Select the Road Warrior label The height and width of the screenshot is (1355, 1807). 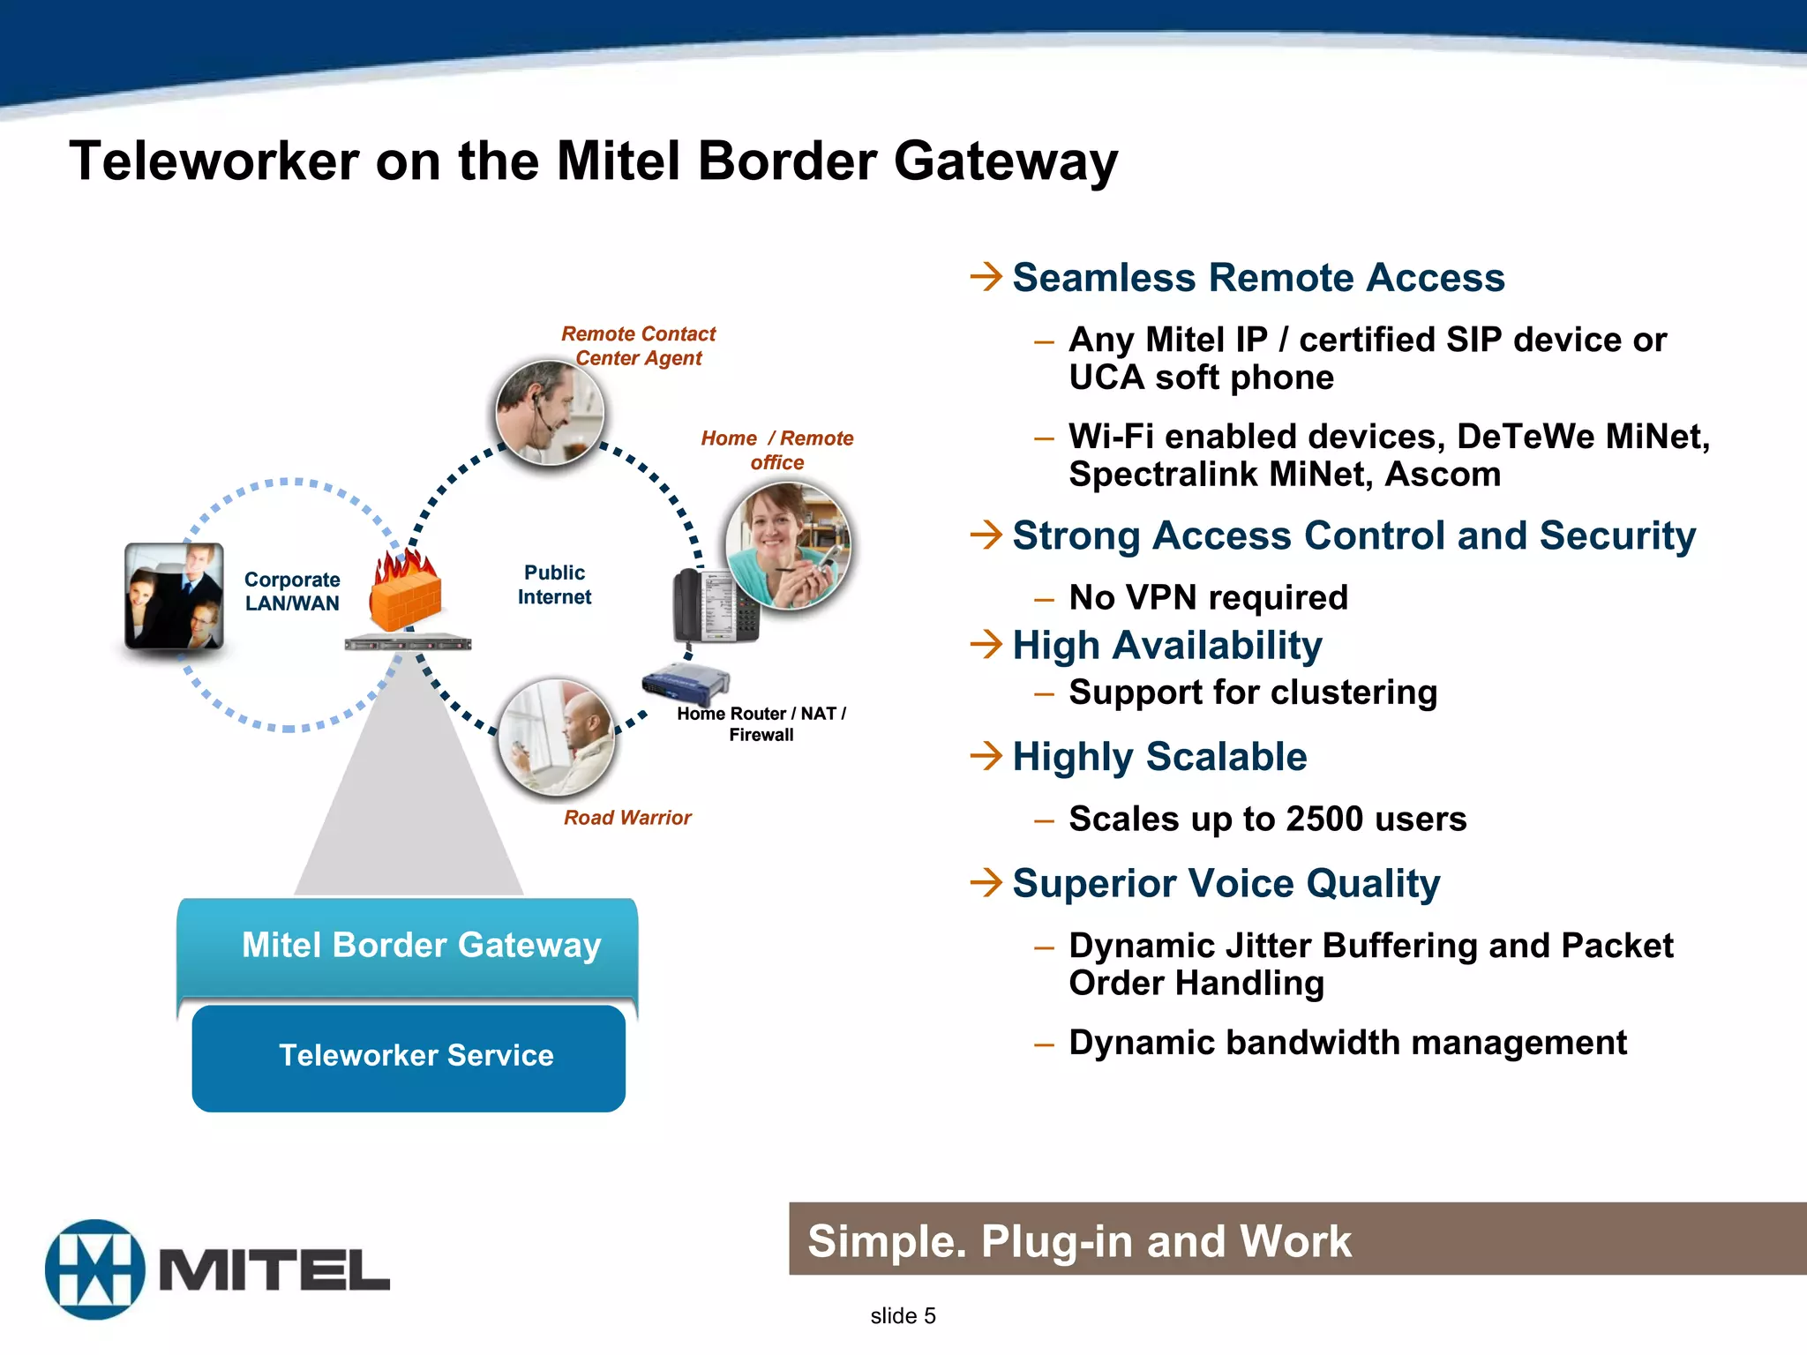click(627, 818)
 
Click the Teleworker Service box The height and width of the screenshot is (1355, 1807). click(409, 1057)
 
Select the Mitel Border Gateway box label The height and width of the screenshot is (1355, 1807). click(421, 945)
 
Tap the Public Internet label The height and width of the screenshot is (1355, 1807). click(554, 585)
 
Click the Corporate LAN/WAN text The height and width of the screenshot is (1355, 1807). click(292, 591)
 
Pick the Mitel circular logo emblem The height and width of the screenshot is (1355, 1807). click(94, 1269)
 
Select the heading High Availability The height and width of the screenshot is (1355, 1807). click(1166, 646)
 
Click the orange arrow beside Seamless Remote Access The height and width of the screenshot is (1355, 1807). click(986, 277)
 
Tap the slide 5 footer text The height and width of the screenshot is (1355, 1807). click(903, 1315)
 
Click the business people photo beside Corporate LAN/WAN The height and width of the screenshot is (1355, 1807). click(174, 597)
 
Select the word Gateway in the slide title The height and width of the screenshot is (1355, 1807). click(1005, 162)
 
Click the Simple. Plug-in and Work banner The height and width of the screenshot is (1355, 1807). click(1297, 1239)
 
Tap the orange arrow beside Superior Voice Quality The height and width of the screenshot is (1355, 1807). click(986, 882)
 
